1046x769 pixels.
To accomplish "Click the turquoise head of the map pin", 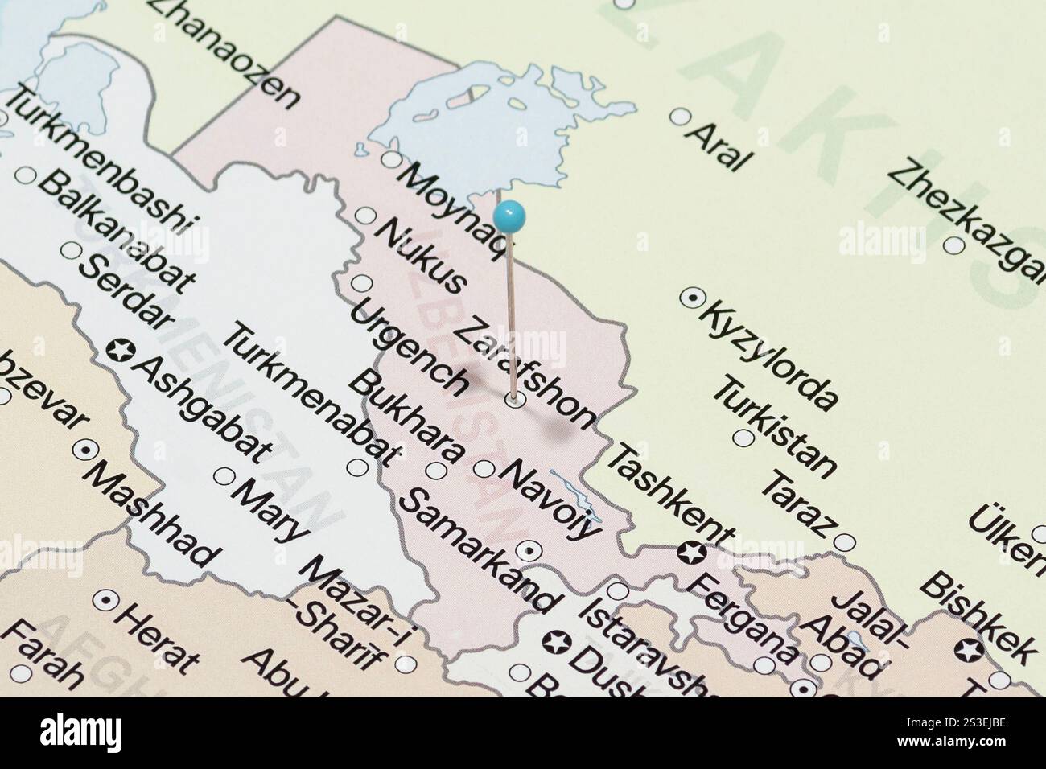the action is click(509, 215).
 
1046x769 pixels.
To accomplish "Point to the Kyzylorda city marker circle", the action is click(690, 298).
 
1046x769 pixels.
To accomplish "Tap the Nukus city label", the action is click(421, 256).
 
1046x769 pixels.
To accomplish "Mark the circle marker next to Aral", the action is click(681, 117).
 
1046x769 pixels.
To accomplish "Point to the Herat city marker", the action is click(105, 599).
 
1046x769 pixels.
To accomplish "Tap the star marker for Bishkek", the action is click(968, 648).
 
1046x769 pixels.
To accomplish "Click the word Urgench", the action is click(410, 347).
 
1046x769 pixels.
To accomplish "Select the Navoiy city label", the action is click(550, 500).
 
